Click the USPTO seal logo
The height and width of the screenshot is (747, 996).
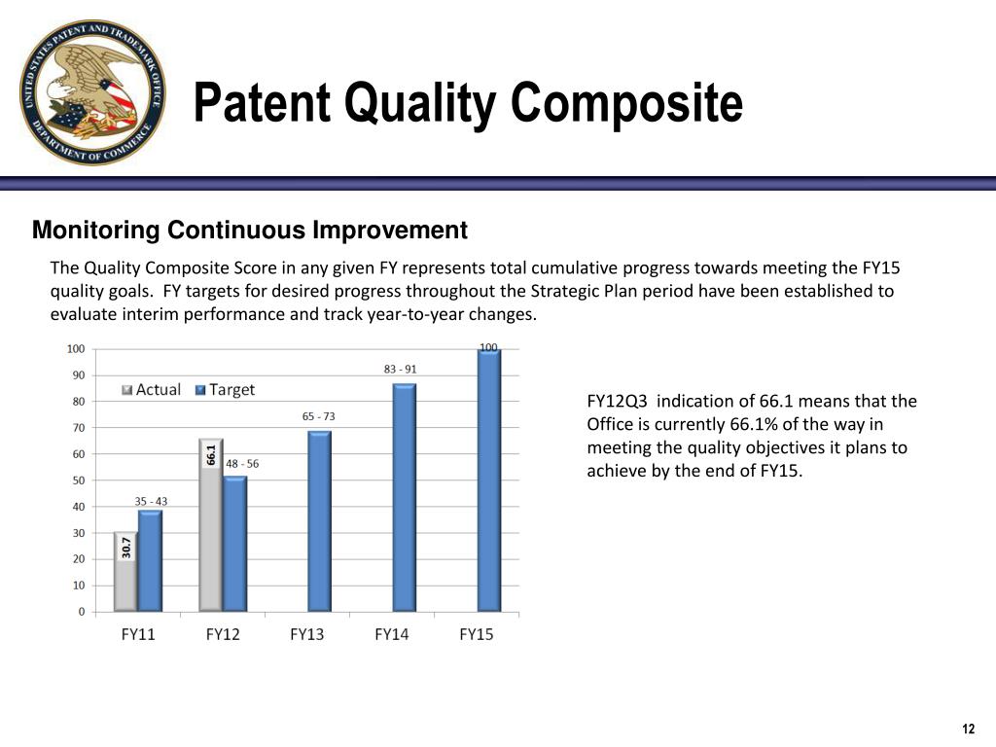pos(92,92)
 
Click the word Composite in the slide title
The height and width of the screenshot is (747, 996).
pos(626,103)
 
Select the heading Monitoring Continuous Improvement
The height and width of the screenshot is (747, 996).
pos(250,230)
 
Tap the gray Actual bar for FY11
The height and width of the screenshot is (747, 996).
pos(125,572)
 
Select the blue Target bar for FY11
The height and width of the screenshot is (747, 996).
pos(151,561)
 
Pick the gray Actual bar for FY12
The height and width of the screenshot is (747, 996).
pos(211,525)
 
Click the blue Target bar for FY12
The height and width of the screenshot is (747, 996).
pos(235,544)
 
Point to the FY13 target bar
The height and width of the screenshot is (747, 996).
pos(319,521)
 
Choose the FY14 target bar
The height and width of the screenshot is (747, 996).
pos(405,498)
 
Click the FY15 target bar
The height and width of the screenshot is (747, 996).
pos(489,480)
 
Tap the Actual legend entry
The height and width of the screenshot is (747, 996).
pos(151,389)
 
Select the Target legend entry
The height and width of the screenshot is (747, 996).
pos(225,389)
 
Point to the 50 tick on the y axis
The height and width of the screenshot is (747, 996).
pos(78,480)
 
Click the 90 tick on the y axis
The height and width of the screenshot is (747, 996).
pos(78,375)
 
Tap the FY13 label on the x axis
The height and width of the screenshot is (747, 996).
pos(306,634)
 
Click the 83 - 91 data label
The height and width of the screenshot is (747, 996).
pos(400,369)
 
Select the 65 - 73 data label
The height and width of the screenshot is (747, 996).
pos(318,416)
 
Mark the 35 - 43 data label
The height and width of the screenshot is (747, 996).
pos(151,501)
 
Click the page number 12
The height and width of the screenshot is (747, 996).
pos(968,729)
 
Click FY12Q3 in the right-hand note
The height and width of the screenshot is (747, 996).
pos(617,402)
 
